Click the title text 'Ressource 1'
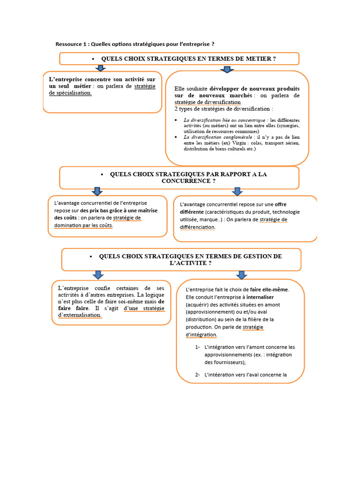click(x=71, y=44)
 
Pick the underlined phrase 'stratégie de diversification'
click(x=208, y=102)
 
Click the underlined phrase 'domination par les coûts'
click(x=83, y=225)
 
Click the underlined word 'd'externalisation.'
click(x=80, y=315)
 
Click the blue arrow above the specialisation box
click(x=100, y=69)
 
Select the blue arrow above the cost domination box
click(x=97, y=191)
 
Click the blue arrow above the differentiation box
click(x=237, y=191)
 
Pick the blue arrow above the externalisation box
click(x=98, y=275)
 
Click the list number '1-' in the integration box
click(x=198, y=347)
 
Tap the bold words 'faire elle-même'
click(x=269, y=290)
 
